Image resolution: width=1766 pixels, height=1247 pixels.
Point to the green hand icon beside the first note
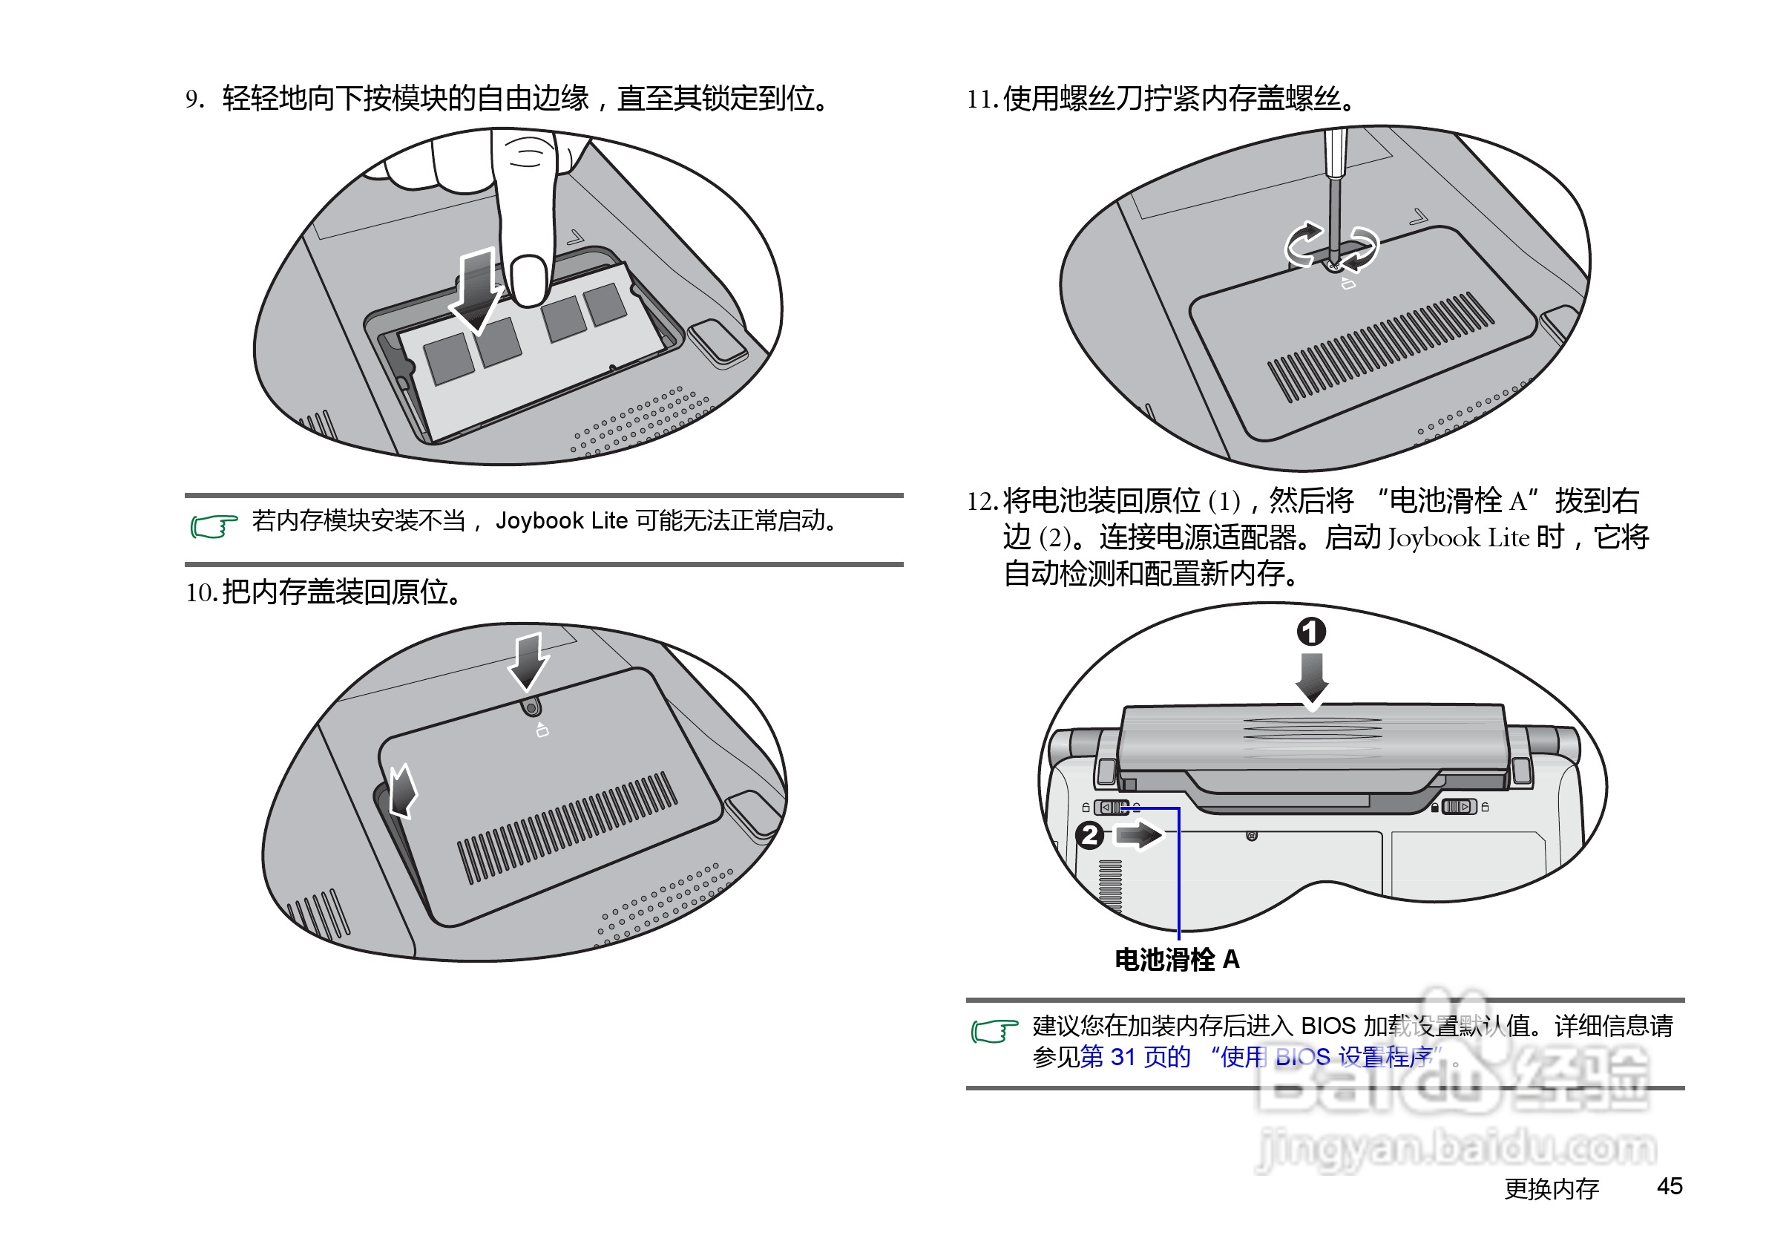[x=213, y=526]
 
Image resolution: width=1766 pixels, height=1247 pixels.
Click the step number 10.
[x=202, y=593]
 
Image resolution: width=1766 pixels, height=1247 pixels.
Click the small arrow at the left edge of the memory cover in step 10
[x=401, y=791]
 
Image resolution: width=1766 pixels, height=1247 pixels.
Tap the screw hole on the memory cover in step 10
[x=531, y=706]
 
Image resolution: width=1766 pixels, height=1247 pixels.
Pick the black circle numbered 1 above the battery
[x=1311, y=632]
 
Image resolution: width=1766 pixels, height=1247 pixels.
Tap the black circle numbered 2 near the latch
[x=1089, y=834]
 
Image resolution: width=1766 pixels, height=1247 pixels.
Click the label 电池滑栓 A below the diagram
[x=1177, y=959]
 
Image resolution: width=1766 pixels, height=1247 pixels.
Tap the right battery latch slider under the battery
[x=1457, y=807]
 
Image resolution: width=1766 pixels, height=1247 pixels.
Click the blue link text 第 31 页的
[x=1135, y=1057]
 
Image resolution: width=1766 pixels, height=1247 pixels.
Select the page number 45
[x=1669, y=1185]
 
